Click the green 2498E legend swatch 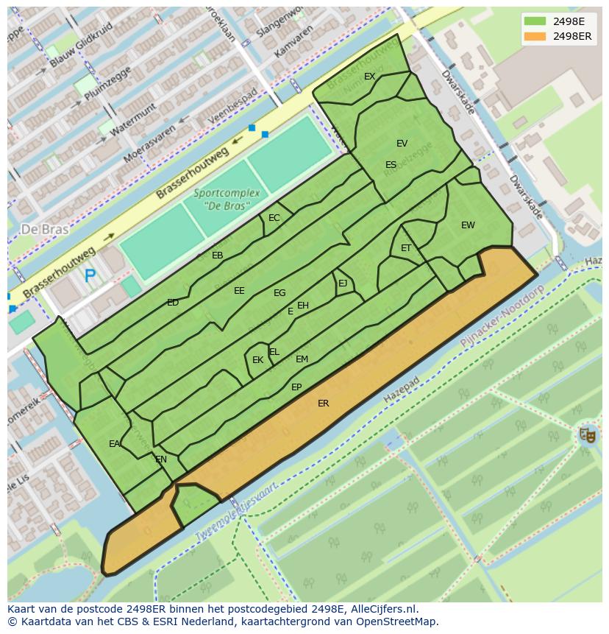click(x=535, y=21)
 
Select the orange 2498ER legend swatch click(x=535, y=36)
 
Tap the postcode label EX click(x=369, y=77)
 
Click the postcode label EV click(x=402, y=144)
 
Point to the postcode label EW click(x=468, y=225)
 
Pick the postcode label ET click(x=406, y=248)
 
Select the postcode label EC click(x=274, y=218)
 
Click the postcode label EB click(x=217, y=256)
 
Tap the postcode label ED click(x=173, y=303)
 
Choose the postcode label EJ click(x=343, y=283)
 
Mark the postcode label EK click(x=257, y=360)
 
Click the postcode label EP click(x=296, y=387)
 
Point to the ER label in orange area click(x=323, y=404)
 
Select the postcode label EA click(x=114, y=444)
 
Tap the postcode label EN click(x=161, y=459)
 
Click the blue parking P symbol click(x=90, y=276)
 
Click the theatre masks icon click(x=586, y=434)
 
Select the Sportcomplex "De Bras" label click(x=227, y=199)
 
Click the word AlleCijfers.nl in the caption click(x=382, y=609)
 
